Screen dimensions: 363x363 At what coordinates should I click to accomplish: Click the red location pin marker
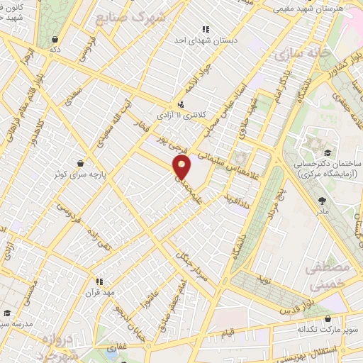click(183, 167)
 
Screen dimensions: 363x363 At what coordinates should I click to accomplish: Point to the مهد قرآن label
click(99, 292)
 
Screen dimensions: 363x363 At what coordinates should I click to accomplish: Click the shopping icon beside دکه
click(55, 40)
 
